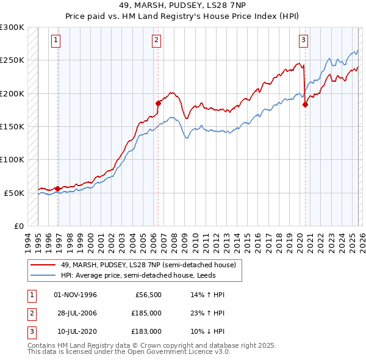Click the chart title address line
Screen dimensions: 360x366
coord(182,5)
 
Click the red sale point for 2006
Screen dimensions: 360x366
coord(158,103)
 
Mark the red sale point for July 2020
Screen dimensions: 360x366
coord(306,104)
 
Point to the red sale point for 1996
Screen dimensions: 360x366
coord(58,188)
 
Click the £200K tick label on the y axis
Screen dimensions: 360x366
coord(12,93)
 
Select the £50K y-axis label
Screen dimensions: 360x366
coord(14,193)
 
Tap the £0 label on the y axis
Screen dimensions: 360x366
coord(18,226)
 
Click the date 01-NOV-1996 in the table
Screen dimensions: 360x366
coord(76,295)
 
